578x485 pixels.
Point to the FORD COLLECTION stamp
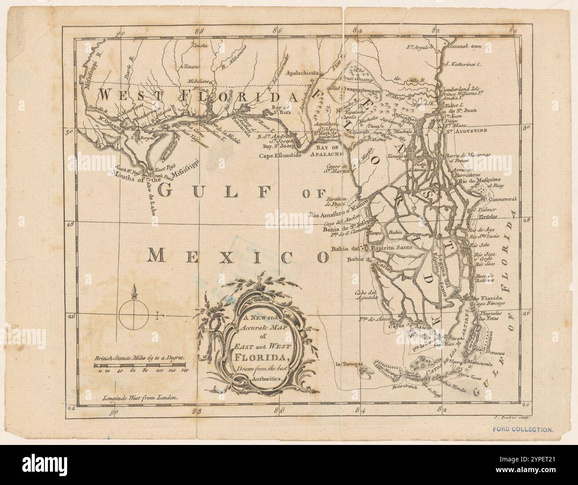coord(523,430)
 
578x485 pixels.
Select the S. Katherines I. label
coord(463,64)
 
